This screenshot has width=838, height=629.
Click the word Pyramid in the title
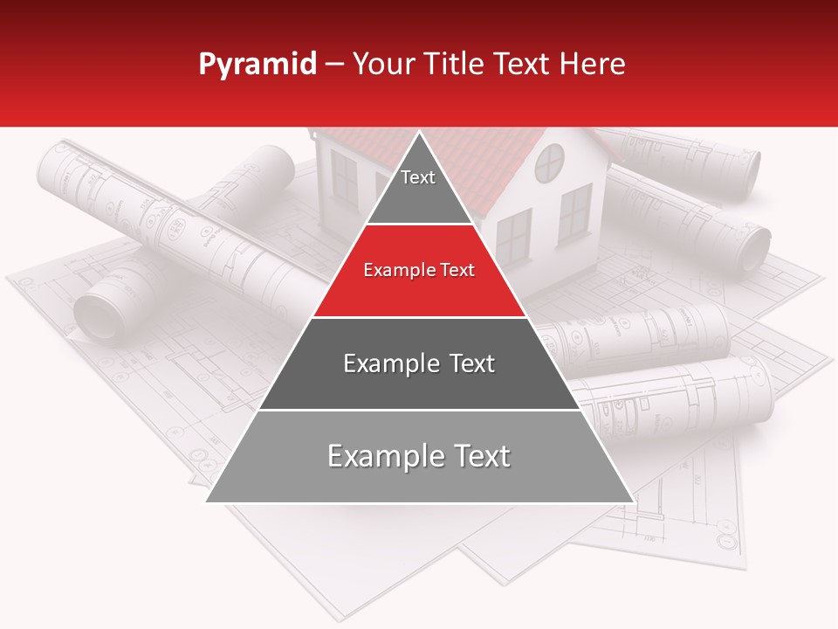pyautogui.click(x=258, y=65)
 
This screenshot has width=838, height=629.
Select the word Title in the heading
pyautogui.click(x=454, y=64)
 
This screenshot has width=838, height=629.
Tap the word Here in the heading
pyautogui.click(x=592, y=64)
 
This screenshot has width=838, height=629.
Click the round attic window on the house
pyautogui.click(x=550, y=162)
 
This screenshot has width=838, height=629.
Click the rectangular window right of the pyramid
pyautogui.click(x=574, y=215)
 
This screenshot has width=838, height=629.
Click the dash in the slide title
pyautogui.click(x=334, y=65)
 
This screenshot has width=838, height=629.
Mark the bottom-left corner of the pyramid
pyautogui.click(x=207, y=501)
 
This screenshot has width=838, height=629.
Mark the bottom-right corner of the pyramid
pyautogui.click(x=633, y=501)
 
